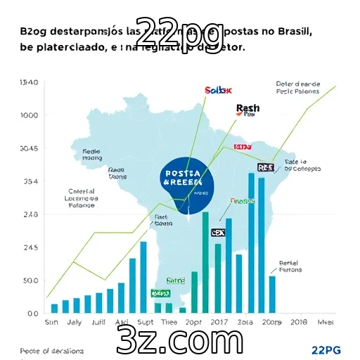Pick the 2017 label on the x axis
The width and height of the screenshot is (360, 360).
tap(219, 322)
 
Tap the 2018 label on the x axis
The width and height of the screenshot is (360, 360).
tap(299, 322)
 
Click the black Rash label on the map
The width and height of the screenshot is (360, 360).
tap(247, 108)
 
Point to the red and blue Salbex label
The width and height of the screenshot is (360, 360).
tap(218, 90)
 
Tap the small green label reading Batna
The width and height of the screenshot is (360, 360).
tap(174, 280)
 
